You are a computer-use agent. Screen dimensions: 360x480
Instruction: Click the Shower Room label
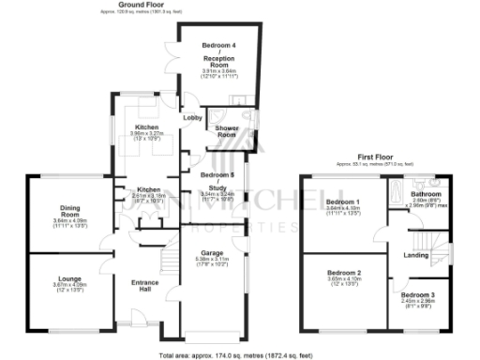[x=226, y=130]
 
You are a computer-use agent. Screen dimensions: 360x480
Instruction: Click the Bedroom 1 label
[x=342, y=202]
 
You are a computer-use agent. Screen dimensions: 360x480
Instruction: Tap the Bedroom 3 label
[x=420, y=294]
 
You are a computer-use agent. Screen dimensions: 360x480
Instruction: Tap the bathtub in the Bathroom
[x=397, y=195]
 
